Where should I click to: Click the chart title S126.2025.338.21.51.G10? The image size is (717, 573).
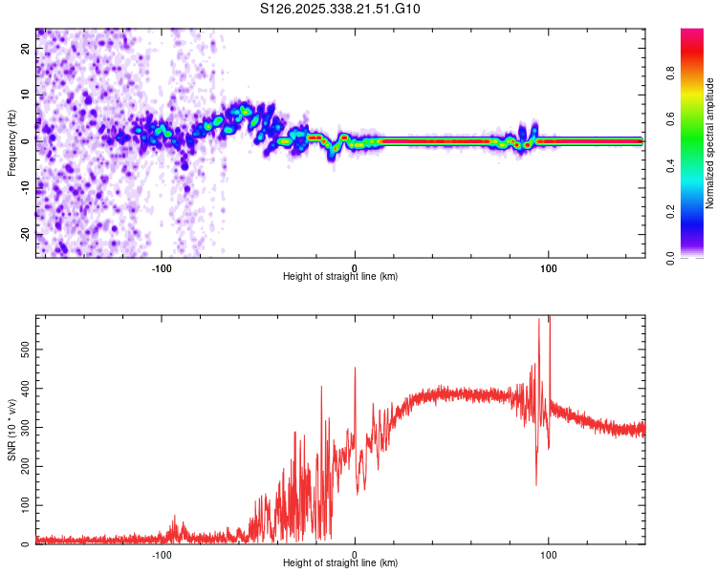coord(340,9)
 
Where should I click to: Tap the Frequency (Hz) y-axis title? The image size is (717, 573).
coord(11,141)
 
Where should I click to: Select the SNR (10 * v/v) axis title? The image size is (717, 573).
coord(11,429)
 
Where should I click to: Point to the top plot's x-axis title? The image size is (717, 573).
coord(340,277)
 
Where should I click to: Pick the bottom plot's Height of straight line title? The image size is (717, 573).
coord(340,563)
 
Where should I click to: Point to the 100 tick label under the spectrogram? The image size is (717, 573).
coord(549,266)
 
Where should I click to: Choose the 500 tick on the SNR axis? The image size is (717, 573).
coord(23,350)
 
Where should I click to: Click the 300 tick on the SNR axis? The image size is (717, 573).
coord(23,428)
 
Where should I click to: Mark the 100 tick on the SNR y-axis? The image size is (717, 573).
coord(23,505)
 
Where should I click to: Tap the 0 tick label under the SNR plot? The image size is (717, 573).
coord(355,553)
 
